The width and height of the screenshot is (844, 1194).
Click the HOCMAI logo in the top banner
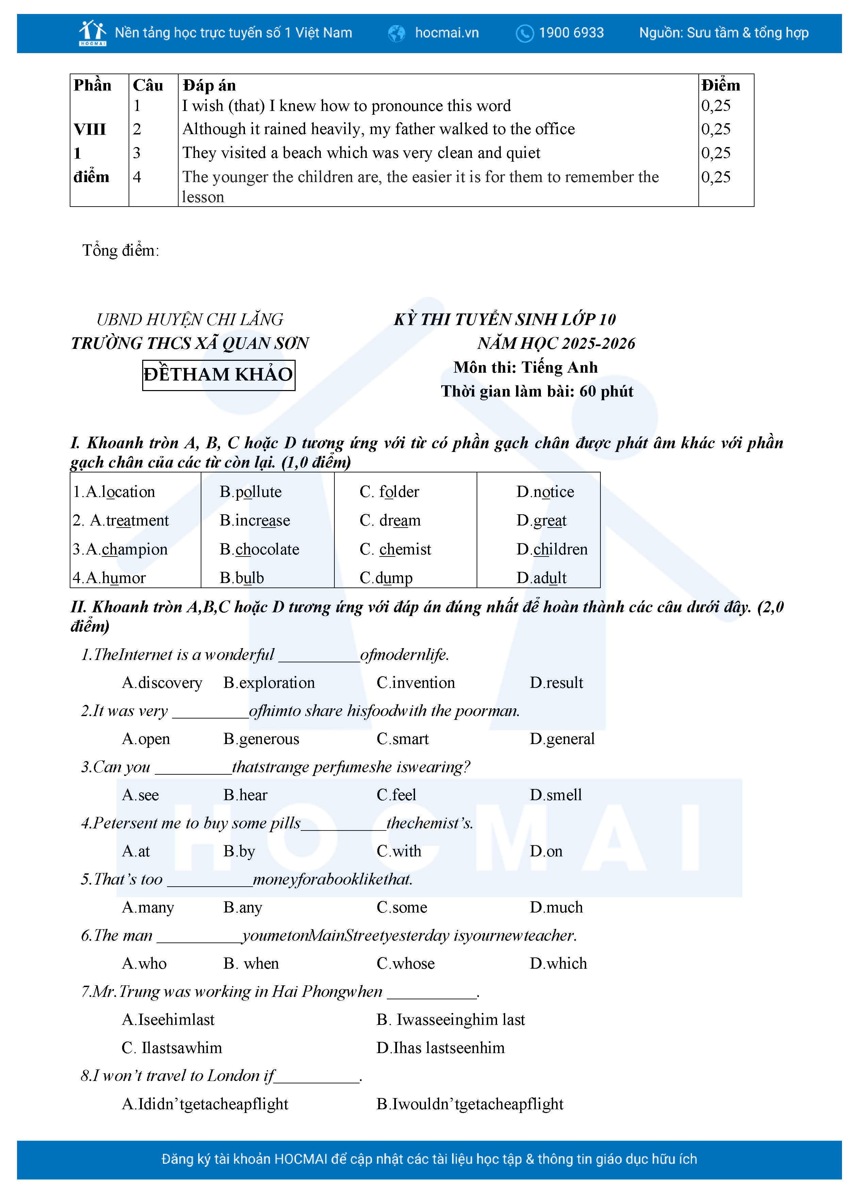[x=93, y=33]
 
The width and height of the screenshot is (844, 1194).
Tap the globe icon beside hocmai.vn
[x=397, y=33]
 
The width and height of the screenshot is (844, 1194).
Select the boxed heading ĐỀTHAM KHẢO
[x=218, y=374]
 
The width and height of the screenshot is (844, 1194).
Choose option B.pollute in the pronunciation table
[x=250, y=491]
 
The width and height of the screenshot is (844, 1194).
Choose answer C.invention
[x=415, y=682]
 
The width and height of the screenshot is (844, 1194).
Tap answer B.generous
[x=261, y=739]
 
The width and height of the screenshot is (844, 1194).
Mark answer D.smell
[x=555, y=795]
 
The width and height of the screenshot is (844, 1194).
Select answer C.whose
[x=406, y=963]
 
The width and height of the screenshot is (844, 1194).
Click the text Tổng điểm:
[x=120, y=251]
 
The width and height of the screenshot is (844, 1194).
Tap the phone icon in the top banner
[x=524, y=33]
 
